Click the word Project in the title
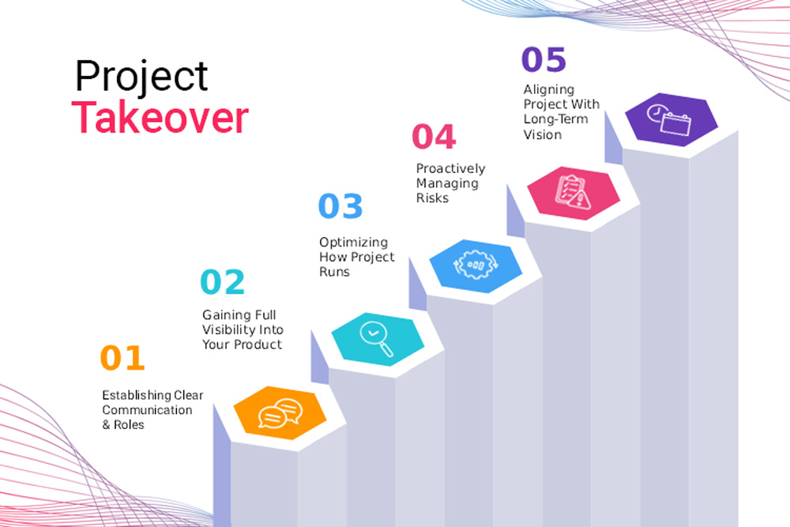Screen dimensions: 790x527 [x=141, y=77]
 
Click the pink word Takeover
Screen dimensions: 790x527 [x=160, y=118]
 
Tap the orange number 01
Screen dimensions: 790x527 [x=122, y=358]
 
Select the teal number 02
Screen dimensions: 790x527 [x=222, y=281]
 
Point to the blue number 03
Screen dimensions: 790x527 [x=340, y=205]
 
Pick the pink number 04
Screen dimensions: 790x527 [x=434, y=137]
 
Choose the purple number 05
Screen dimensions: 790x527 [x=544, y=59]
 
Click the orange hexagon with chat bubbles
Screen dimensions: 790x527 [x=280, y=412]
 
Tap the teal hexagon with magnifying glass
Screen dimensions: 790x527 [x=378, y=339]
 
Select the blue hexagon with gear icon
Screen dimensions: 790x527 [x=476, y=266]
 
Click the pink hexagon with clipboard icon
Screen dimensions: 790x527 [x=574, y=193]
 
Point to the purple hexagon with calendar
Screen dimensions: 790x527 [x=671, y=119]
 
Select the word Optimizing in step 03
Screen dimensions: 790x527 [x=354, y=243]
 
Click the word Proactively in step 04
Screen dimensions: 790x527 [x=451, y=169]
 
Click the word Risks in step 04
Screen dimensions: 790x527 [x=432, y=198]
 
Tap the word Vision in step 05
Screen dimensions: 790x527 [x=543, y=134]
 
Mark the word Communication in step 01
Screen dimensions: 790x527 [x=147, y=410]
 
